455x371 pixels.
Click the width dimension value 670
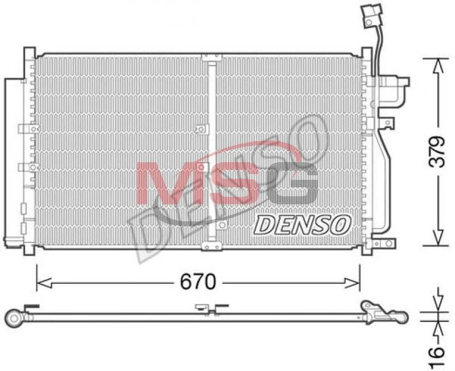(198, 281)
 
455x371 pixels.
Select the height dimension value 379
(437, 152)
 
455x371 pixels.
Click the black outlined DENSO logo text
(302, 225)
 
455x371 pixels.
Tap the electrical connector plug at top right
(371, 17)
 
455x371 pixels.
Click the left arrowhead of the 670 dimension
(44, 283)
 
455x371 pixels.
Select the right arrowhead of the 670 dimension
(352, 283)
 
